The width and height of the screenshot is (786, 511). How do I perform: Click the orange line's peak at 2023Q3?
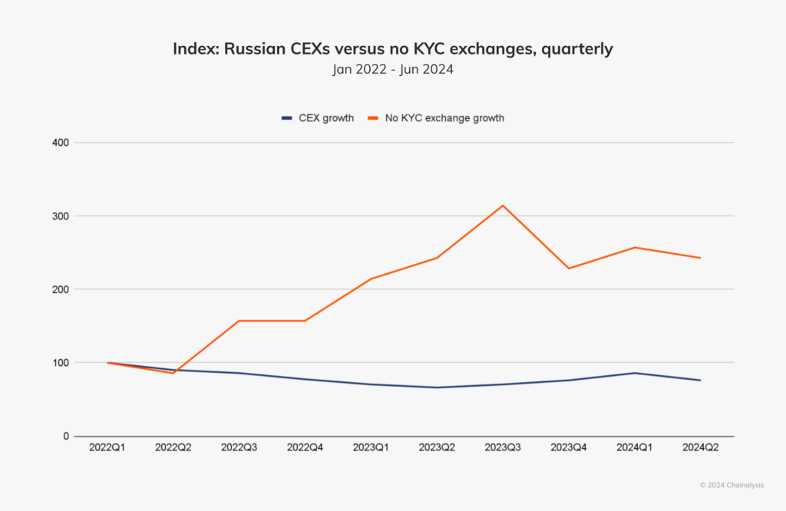pyautogui.click(x=503, y=206)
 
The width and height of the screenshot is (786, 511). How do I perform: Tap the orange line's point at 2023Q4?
pyautogui.click(x=569, y=269)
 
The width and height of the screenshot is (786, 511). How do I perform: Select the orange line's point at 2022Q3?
pyautogui.click(x=239, y=321)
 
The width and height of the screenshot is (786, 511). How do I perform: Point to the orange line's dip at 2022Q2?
pyautogui.click(x=173, y=373)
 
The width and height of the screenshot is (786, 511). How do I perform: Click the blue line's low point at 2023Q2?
pyautogui.click(x=437, y=387)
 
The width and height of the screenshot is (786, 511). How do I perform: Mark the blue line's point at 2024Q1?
pyautogui.click(x=635, y=373)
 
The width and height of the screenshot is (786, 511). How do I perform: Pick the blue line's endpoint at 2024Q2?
pyautogui.click(x=700, y=381)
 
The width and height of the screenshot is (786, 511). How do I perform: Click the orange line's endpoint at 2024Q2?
pyautogui.click(x=700, y=258)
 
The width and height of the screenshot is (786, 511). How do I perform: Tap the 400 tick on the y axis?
pyautogui.click(x=61, y=143)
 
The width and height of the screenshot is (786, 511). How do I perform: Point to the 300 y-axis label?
pyautogui.click(x=61, y=216)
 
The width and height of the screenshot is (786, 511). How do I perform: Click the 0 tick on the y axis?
pyautogui.click(x=65, y=436)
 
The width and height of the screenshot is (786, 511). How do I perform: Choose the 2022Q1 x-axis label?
pyautogui.click(x=107, y=448)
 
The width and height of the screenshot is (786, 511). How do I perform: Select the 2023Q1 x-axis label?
pyautogui.click(x=371, y=448)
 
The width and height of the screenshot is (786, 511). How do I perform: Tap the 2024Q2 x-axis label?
pyautogui.click(x=700, y=448)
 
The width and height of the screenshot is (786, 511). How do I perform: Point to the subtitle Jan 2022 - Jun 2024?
pyautogui.click(x=392, y=70)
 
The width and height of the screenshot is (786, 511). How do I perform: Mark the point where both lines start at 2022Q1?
pyautogui.click(x=108, y=363)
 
